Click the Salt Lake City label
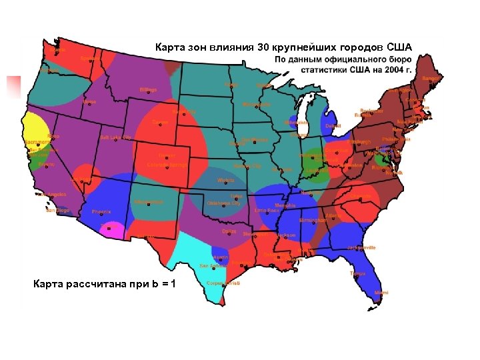click(x=115, y=137)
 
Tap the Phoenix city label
click(x=101, y=212)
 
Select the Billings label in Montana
click(x=148, y=89)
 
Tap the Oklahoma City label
click(x=223, y=203)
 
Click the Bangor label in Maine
click(x=431, y=79)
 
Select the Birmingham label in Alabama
click(x=313, y=219)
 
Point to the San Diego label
click(x=57, y=211)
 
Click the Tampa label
click(x=358, y=273)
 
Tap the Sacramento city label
click(x=38, y=143)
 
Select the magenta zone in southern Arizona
click(x=111, y=231)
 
